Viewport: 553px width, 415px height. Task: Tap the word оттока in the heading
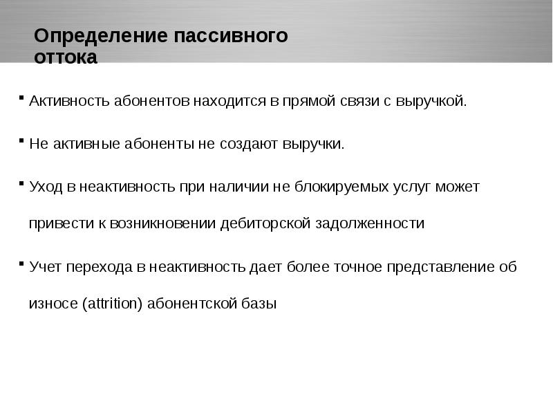[x=66, y=57]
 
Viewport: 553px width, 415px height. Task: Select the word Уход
[x=46, y=187]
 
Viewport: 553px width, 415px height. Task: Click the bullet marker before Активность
[x=22, y=97]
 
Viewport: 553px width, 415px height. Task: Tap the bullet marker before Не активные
[x=22, y=140]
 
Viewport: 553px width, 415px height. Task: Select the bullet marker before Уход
[x=22, y=183]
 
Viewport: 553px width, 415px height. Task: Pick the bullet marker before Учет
[x=22, y=262]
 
